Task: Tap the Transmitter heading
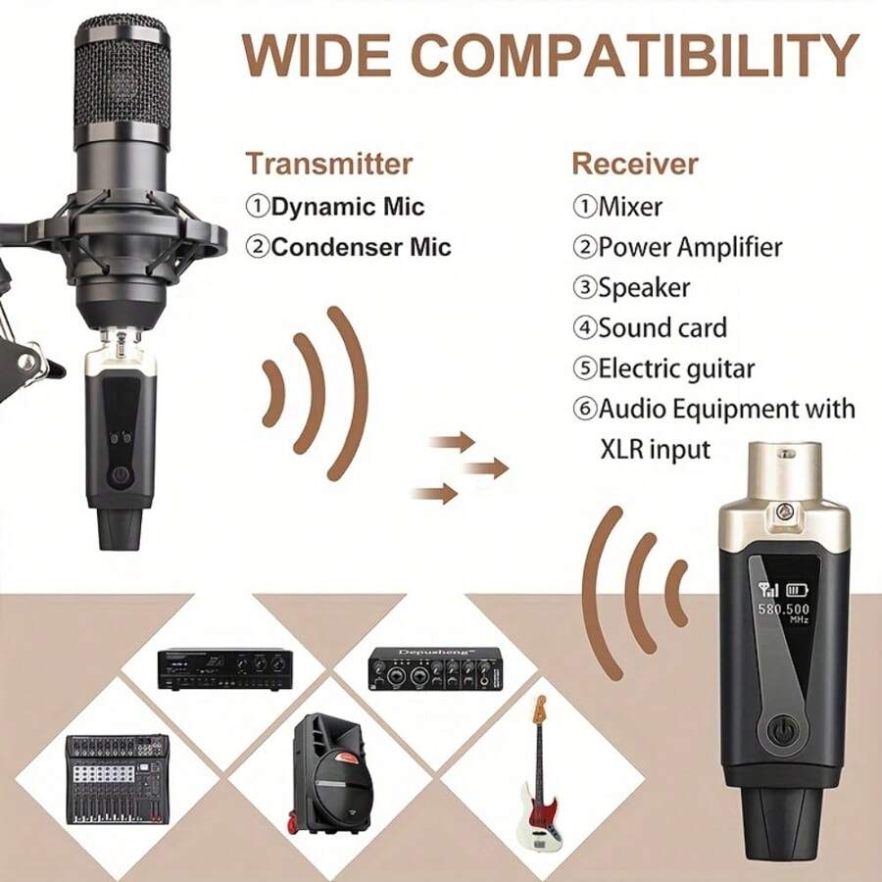pyautogui.click(x=328, y=163)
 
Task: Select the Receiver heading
pyautogui.click(x=635, y=163)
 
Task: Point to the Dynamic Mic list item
pyautogui.click(x=347, y=207)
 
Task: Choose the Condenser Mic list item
pyautogui.click(x=360, y=246)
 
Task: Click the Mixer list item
pyautogui.click(x=629, y=207)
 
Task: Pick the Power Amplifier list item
pyautogui.click(x=689, y=246)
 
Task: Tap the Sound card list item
pyautogui.click(x=661, y=327)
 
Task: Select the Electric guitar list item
pyautogui.click(x=675, y=368)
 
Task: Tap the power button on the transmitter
pyautogui.click(x=120, y=476)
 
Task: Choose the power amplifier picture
pyautogui.click(x=223, y=667)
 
